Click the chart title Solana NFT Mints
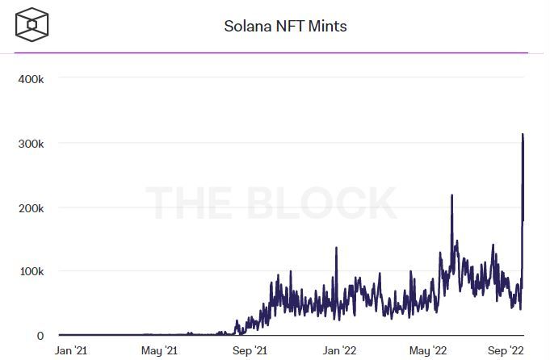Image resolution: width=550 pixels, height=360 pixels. coord(285,27)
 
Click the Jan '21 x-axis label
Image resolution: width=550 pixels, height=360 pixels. coord(71,351)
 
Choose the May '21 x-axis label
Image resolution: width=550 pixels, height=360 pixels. coord(159,351)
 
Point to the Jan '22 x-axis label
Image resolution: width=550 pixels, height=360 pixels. coord(339,351)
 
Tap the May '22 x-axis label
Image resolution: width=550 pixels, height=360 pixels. coord(428,351)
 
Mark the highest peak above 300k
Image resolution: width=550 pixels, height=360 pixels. coord(523,135)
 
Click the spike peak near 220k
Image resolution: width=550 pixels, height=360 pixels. coord(451,195)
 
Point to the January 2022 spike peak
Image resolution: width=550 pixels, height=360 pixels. coord(336,248)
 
